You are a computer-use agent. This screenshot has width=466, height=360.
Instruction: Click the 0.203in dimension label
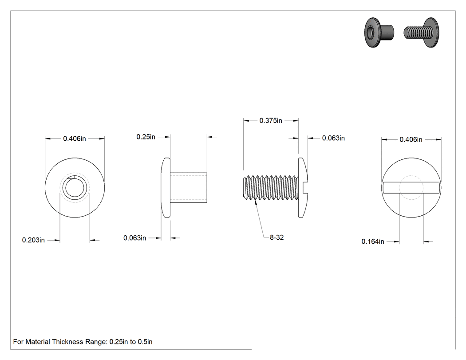point(33,240)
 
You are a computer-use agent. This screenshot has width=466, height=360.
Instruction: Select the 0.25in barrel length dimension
point(146,137)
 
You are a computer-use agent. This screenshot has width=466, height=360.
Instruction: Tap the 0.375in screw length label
point(271,120)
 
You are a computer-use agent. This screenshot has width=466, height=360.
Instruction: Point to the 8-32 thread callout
point(276,237)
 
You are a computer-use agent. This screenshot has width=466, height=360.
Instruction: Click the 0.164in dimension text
point(373,241)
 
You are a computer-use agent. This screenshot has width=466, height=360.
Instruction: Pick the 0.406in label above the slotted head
point(411,139)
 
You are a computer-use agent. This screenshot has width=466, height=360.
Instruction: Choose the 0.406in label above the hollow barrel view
point(74,138)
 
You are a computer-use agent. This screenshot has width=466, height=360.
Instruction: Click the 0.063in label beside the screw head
point(333,138)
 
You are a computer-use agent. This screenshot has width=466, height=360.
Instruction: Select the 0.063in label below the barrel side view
point(134,238)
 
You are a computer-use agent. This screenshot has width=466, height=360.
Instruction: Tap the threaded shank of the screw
point(270,187)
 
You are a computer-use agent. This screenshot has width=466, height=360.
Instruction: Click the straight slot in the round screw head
point(411,188)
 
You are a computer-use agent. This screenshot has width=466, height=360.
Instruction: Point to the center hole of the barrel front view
point(75,188)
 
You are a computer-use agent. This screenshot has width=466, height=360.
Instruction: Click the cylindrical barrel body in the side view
point(189,187)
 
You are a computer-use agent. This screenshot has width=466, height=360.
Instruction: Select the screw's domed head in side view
point(303,188)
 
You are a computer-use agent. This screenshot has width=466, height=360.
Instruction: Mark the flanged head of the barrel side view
point(166,188)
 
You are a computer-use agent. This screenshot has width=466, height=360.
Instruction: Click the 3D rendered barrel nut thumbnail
point(379,32)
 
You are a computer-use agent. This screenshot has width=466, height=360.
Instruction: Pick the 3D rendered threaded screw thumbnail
point(421,32)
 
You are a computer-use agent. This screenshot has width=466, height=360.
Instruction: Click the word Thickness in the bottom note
point(67,341)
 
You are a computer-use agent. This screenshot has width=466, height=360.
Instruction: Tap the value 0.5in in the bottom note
point(145,341)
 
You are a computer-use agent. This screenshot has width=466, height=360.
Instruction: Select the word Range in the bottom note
point(96,342)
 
